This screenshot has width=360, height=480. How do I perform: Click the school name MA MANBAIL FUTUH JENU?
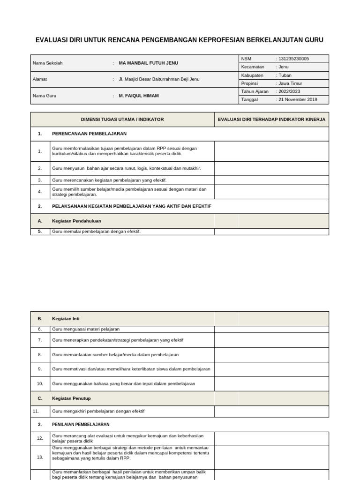148,63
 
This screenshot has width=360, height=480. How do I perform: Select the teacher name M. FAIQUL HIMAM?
138,96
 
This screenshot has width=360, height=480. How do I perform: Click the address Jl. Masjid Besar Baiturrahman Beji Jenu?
159,79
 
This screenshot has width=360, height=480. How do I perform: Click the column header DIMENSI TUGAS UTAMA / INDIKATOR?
122,120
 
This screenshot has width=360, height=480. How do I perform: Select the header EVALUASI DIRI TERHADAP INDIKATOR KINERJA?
271,120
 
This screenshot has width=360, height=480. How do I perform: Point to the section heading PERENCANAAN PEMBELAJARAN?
89,134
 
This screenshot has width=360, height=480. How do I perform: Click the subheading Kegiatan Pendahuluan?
76,221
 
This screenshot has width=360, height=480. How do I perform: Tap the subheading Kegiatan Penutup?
71,398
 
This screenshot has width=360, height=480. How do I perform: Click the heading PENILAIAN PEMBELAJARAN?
81,424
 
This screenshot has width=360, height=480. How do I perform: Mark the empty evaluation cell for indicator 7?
271,340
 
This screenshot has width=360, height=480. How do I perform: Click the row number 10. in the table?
40,383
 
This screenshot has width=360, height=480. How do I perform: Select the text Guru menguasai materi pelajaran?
86,329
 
